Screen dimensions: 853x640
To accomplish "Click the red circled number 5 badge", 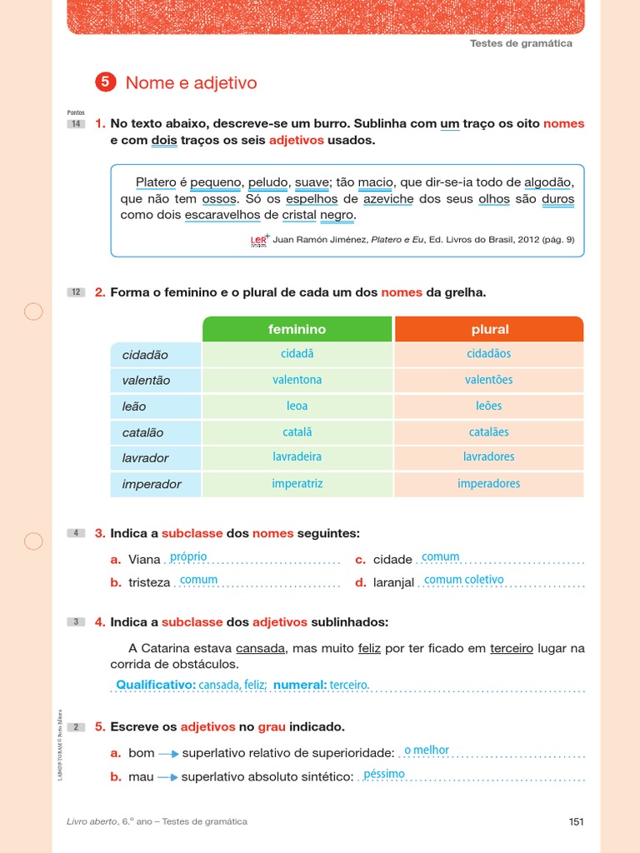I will (x=105, y=82).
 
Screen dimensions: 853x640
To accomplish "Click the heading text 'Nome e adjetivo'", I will (x=191, y=82).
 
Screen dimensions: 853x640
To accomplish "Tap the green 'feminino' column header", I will (x=297, y=329).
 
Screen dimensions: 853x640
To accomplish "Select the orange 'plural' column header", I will (x=489, y=329).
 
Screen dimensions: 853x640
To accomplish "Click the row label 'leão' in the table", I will (x=134, y=407).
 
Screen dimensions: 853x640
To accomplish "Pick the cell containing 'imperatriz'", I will (x=297, y=484).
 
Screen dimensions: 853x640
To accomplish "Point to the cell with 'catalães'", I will (x=488, y=432).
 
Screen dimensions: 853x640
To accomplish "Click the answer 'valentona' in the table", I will (x=297, y=380).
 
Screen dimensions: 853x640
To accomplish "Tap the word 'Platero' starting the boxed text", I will (x=156, y=182).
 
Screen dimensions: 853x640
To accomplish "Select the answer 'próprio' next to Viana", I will (x=187, y=556).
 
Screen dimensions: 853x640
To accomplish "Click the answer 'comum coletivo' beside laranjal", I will (x=463, y=580).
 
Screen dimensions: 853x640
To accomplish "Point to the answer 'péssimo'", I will (x=384, y=774).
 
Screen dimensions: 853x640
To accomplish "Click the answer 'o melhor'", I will (x=426, y=750).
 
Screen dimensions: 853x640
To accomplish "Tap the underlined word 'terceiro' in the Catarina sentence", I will (x=511, y=648).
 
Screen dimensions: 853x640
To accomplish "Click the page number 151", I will (x=576, y=821).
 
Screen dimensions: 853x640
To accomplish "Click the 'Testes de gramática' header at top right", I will (x=521, y=43).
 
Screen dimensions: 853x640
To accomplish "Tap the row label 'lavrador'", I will (x=145, y=458).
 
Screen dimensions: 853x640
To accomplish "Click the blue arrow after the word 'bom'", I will (x=168, y=753).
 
